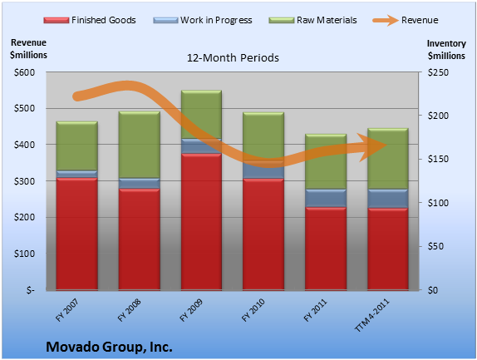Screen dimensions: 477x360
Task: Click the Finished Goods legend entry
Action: pyautogui.click(x=90, y=20)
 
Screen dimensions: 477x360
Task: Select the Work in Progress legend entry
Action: pyautogui.click(x=203, y=20)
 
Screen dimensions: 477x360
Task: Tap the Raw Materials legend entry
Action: pyautogui.click(x=312, y=20)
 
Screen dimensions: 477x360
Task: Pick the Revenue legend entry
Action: pyautogui.click(x=406, y=20)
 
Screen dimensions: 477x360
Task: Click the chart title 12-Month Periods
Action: pyautogui.click(x=233, y=58)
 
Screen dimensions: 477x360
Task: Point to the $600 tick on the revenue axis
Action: pyautogui.click(x=24, y=72)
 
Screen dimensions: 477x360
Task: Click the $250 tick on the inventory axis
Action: pyautogui.click(x=438, y=72)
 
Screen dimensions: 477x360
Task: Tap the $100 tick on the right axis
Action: pyautogui.click(x=438, y=203)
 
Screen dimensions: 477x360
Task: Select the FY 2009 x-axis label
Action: pyautogui.click(x=191, y=309)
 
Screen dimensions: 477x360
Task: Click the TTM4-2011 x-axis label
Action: pyautogui.click(x=371, y=314)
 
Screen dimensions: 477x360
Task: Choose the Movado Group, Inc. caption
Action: pyautogui.click(x=109, y=347)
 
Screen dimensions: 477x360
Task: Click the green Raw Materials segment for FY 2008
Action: pyautogui.click(x=140, y=145)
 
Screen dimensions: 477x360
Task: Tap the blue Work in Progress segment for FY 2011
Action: pyautogui.click(x=326, y=198)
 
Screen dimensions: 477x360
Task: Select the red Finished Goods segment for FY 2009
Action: pyautogui.click(x=201, y=221)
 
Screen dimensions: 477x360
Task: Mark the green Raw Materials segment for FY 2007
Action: pyautogui.click(x=77, y=145)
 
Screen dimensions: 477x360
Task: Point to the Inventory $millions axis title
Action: pyautogui.click(x=446, y=50)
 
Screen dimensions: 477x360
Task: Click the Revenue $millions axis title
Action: pyautogui.click(x=28, y=49)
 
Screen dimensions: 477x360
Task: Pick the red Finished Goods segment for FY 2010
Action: pyautogui.click(x=263, y=234)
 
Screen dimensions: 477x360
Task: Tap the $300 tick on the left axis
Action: pyautogui.click(x=24, y=181)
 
